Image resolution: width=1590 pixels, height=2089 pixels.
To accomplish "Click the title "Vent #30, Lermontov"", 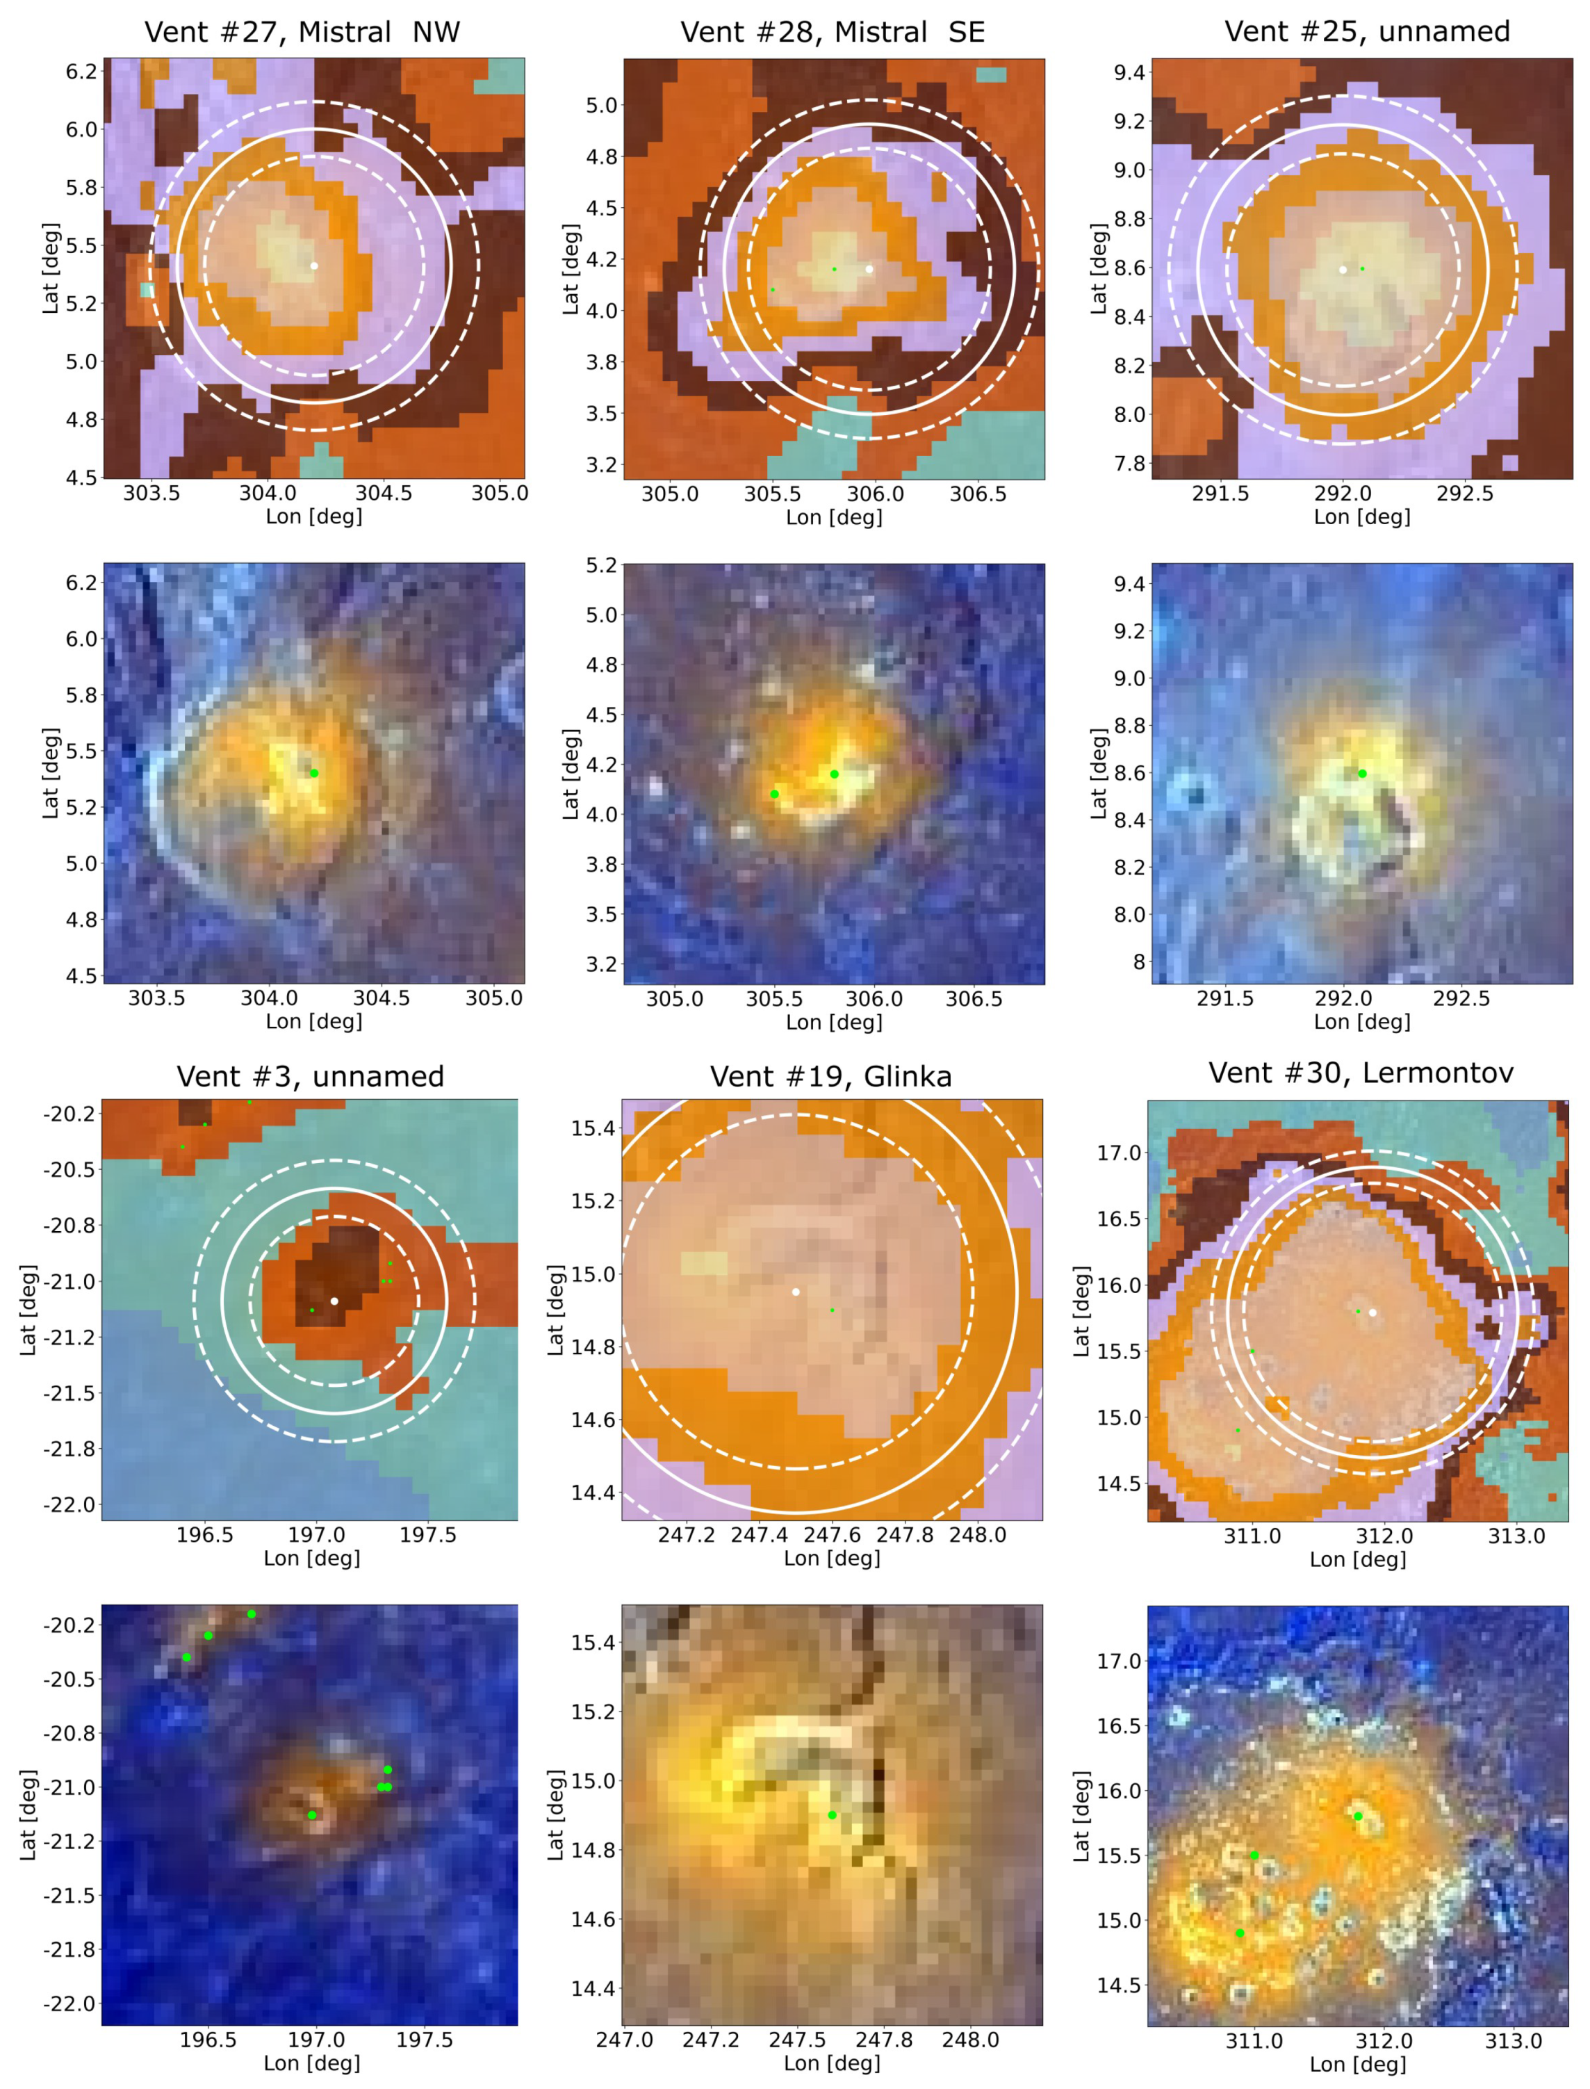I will [1360, 1073].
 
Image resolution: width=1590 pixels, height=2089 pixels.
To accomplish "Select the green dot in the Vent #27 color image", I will [314, 773].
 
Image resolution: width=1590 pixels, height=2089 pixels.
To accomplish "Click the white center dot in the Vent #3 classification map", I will [334, 1301].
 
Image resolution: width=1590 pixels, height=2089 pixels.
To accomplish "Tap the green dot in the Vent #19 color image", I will [832, 1814].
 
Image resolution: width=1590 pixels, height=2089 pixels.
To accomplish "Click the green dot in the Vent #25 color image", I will [1362, 773].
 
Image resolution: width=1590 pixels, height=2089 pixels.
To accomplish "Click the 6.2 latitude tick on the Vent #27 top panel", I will [81, 71].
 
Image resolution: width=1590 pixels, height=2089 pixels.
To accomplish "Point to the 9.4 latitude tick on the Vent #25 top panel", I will [1129, 73].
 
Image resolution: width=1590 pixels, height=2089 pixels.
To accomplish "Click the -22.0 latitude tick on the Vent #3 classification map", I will [69, 1505].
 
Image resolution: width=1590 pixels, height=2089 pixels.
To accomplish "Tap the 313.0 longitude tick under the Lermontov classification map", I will [1516, 1535].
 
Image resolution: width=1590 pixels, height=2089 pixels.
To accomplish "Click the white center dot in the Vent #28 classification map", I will [869, 269].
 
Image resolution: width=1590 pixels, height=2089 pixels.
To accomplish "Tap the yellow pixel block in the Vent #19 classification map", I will [704, 1264].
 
